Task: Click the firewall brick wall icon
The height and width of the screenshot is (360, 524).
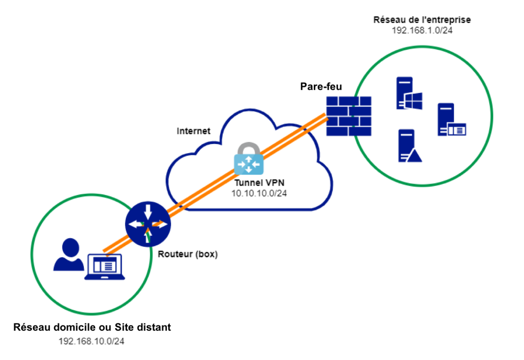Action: pos(349,116)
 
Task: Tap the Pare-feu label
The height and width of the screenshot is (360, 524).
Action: pos(321,86)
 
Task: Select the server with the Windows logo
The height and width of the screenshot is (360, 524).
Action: pos(409,93)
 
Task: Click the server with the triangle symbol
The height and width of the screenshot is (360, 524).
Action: pos(410,146)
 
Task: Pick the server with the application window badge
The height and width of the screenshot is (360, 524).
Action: pos(452,120)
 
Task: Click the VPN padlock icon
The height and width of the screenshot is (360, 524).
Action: pos(248,158)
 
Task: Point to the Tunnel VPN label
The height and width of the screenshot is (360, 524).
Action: pos(259,182)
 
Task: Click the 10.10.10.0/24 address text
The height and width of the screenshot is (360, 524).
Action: pos(259,193)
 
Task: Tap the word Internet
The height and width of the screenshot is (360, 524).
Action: pos(193,131)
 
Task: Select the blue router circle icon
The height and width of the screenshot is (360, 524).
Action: pos(148,224)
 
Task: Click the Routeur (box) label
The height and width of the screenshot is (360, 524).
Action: pos(188,254)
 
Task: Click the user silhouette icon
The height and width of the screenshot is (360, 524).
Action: pos(69,254)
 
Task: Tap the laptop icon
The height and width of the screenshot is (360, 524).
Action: pos(104,267)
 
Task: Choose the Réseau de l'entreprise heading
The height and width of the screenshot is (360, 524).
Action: pos(422,20)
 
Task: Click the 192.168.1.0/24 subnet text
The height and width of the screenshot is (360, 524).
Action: pos(422,31)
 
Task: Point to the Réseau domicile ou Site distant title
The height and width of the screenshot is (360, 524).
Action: pos(92,327)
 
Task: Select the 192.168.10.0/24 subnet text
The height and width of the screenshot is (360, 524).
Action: pos(91,341)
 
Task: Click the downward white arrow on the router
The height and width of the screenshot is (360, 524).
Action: pos(148,212)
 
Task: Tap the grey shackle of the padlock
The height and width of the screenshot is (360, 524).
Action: pos(248,148)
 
